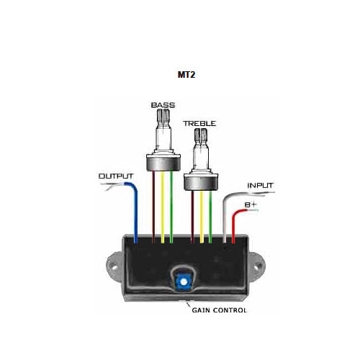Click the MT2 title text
click(x=186, y=75)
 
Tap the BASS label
click(x=163, y=105)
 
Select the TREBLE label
click(x=199, y=124)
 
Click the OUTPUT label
click(x=116, y=176)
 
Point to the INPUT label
click(x=260, y=186)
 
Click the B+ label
click(x=251, y=204)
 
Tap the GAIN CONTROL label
click(x=219, y=310)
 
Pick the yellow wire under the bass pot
click(x=163, y=207)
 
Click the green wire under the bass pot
click(x=171, y=207)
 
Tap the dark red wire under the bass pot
click(x=153, y=207)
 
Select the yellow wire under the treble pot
click(x=202, y=217)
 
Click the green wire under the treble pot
click(x=210, y=217)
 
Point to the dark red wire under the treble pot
click(x=192, y=217)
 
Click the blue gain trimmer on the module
click(x=184, y=282)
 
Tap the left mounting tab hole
click(x=114, y=266)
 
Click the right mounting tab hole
click(x=258, y=266)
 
